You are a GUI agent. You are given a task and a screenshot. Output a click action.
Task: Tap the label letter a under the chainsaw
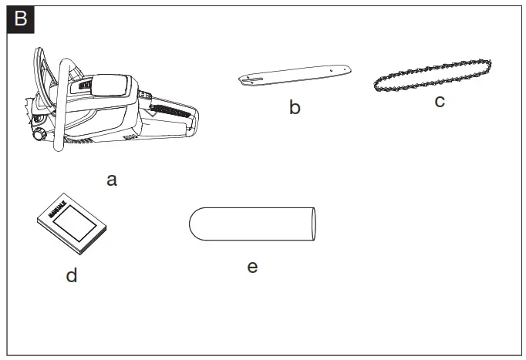click(x=112, y=180)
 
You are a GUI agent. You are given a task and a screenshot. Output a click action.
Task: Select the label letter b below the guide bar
click(x=295, y=107)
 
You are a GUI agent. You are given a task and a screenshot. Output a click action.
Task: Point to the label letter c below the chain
click(x=440, y=101)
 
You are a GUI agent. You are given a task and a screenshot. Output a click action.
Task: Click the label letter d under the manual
click(x=72, y=274)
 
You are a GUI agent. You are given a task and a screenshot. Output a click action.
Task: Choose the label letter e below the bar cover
click(x=252, y=267)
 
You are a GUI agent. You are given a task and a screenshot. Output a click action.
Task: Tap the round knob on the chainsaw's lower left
click(x=38, y=134)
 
